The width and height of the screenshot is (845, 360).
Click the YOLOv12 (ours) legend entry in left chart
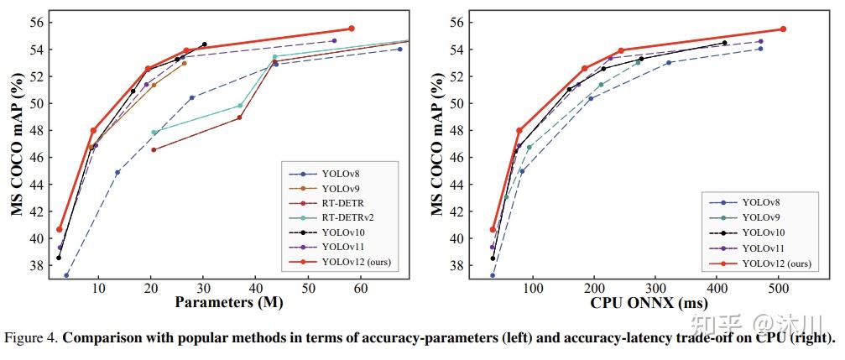tap(357, 262)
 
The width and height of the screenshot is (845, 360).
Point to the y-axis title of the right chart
tap(439, 143)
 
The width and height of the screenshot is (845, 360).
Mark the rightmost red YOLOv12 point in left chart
tap(352, 29)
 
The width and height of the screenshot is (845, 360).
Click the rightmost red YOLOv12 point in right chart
tap(783, 29)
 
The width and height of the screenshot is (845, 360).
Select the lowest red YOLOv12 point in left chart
tap(60, 229)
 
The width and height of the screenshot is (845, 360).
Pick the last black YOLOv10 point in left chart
tap(204, 44)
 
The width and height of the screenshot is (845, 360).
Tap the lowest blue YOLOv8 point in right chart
tap(493, 275)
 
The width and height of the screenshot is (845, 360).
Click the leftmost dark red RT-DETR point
tap(153, 150)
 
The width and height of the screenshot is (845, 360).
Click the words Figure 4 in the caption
tap(30, 339)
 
